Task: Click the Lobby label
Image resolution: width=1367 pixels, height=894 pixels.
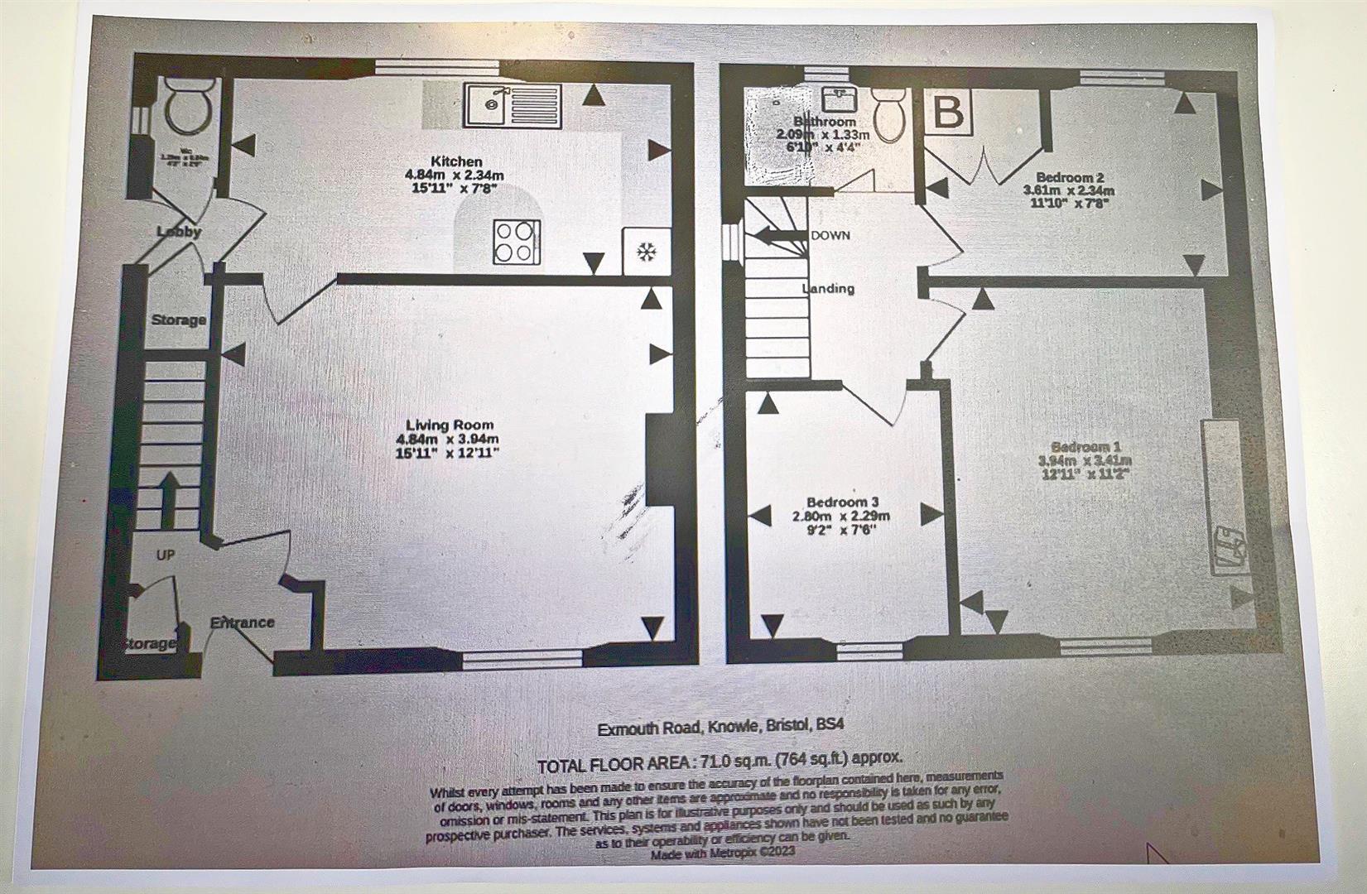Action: pos(180,232)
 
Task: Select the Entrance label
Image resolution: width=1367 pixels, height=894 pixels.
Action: pos(241,622)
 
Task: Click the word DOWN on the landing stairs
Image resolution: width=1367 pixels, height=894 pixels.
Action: pos(830,236)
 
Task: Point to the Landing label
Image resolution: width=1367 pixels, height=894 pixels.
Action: pos(828,289)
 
